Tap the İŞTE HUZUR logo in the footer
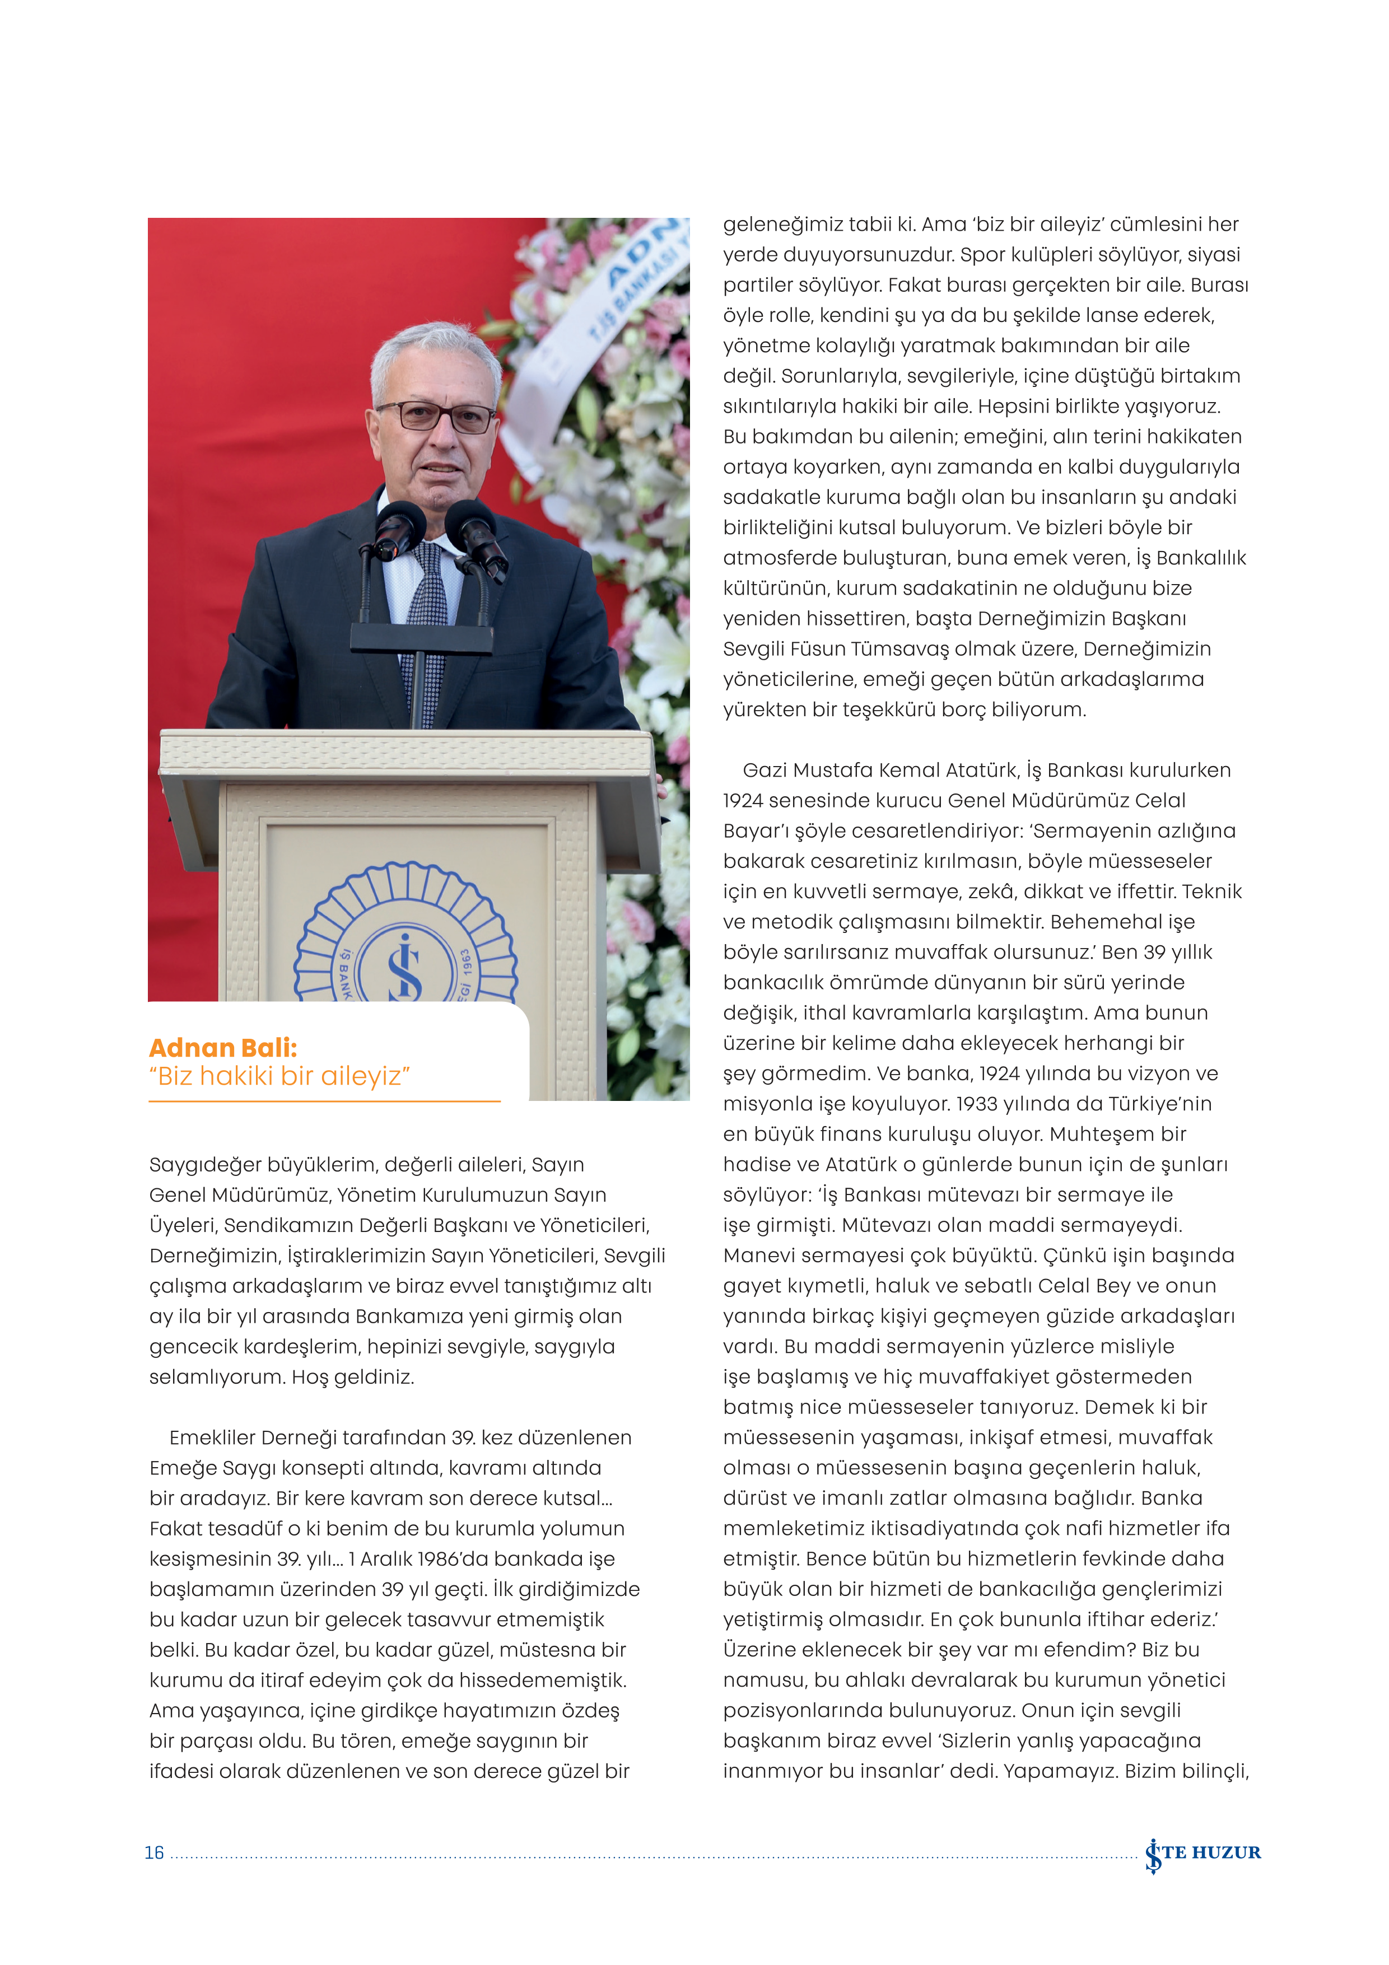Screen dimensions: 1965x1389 1202,1853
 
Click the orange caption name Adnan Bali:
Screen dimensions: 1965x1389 222,1048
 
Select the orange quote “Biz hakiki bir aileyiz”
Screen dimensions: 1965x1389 280,1076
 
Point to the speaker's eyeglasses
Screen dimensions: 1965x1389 436,416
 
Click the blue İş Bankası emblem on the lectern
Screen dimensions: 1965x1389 405,941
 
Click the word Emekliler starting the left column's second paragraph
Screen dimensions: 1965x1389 211,1438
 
